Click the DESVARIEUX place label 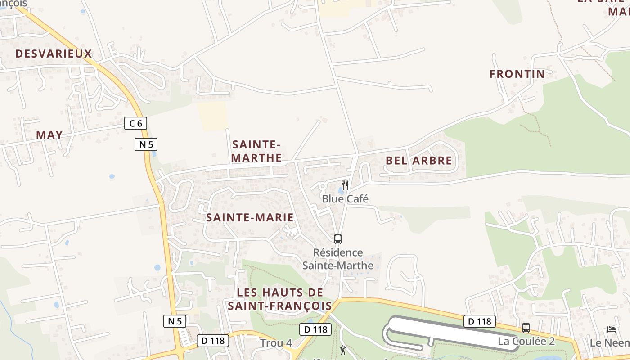coord(54,54)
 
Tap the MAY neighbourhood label coord(49,135)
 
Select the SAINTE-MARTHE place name coord(256,151)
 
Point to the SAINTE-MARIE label coord(250,218)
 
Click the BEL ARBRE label coord(418,161)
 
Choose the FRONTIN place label coord(517,74)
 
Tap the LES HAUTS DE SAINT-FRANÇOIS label coord(279,299)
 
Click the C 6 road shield coord(135,123)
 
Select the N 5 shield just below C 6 coord(146,144)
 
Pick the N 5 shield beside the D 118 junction coord(175,321)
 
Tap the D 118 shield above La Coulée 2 coord(479,321)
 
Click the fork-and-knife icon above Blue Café coord(345,185)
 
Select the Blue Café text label coord(345,198)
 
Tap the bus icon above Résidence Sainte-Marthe coord(338,239)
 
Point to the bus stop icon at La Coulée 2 coord(526,328)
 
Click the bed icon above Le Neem coord(611,329)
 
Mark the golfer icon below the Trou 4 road coord(343,350)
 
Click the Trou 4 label coord(276,343)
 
